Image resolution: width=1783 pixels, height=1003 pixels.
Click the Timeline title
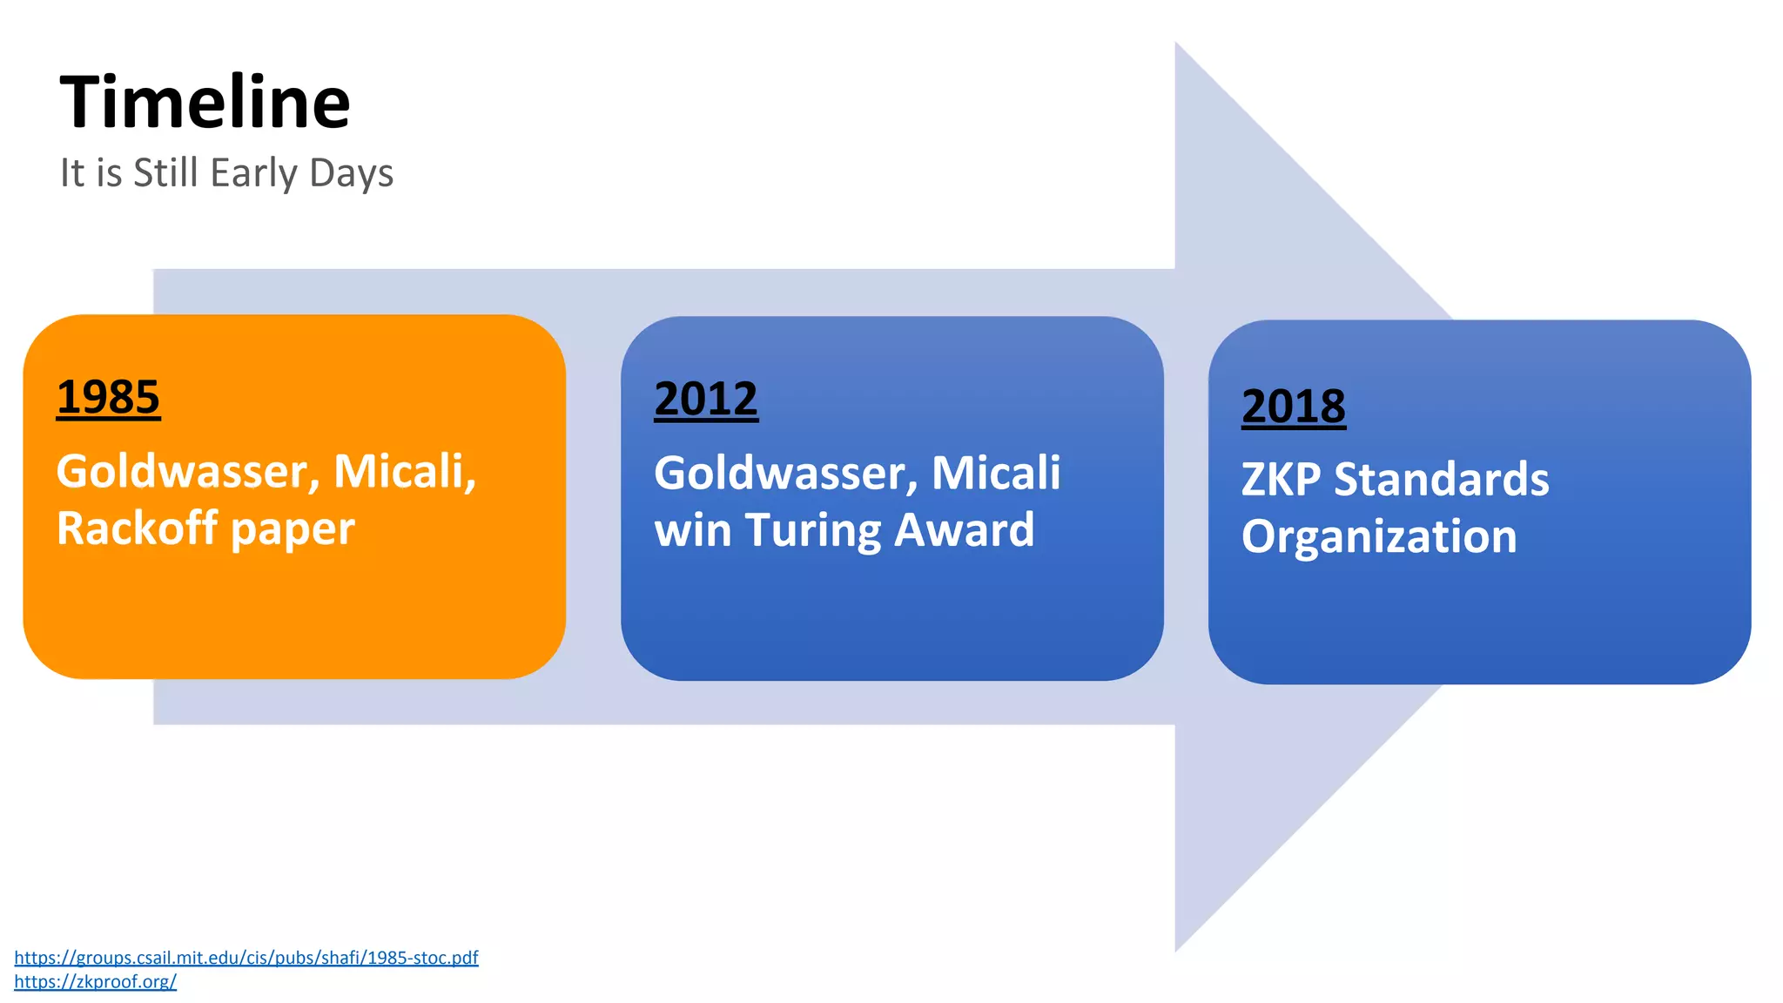(x=205, y=103)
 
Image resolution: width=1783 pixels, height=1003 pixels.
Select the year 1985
(x=108, y=398)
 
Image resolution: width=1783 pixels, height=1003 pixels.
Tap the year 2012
(x=706, y=400)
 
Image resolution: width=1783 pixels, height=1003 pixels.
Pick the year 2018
(x=1293, y=407)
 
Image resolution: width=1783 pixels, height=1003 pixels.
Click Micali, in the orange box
(x=405, y=472)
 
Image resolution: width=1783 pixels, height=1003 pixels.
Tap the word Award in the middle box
(x=964, y=530)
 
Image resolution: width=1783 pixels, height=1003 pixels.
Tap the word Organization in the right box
(x=1378, y=537)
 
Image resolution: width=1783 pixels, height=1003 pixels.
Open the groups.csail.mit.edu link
(x=246, y=958)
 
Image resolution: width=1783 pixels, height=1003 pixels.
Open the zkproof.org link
(x=95, y=982)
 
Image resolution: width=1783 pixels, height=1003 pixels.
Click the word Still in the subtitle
(x=165, y=173)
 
